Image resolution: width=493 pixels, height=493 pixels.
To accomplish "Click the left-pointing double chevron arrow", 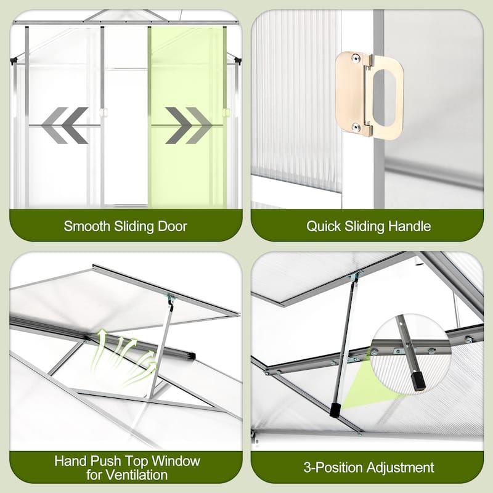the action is (65, 126).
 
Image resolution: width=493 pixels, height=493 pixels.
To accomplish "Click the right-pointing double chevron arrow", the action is (189, 126).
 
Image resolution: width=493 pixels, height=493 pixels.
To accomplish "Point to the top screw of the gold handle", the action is (356, 57).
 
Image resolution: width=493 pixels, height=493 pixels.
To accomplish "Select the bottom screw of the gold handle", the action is (356, 128).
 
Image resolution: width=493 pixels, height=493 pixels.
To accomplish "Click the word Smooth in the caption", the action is (87, 226).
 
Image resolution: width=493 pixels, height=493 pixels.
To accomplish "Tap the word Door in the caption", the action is (173, 226).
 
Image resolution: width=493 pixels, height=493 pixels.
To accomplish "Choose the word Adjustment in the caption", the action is (400, 468).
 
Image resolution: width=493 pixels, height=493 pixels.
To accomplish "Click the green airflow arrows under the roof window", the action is (123, 356).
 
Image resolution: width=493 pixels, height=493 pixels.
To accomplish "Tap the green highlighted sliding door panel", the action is (187, 117).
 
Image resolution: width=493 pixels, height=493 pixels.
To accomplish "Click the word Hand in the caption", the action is (70, 461).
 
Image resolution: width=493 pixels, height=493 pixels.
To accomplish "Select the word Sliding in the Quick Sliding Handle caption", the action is (364, 226).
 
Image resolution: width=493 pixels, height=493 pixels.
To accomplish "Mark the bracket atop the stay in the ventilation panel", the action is (171, 298).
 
